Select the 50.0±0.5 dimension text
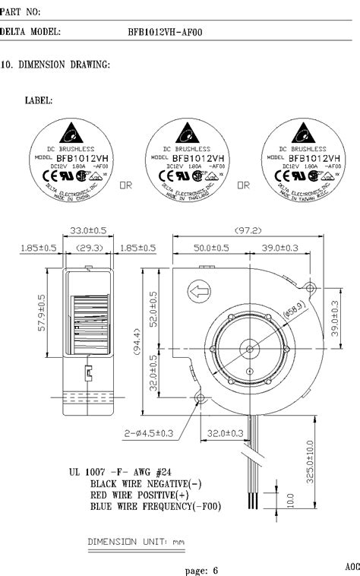(x=210, y=248)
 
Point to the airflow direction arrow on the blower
(x=200, y=290)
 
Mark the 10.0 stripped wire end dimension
(x=291, y=502)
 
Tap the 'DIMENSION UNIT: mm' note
(x=137, y=542)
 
